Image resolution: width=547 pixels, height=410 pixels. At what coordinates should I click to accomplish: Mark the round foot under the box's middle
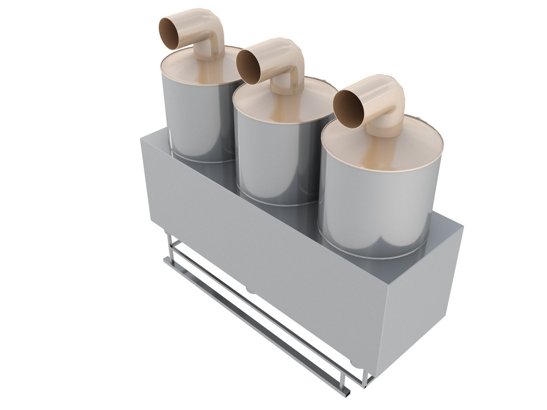tap(251, 290)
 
